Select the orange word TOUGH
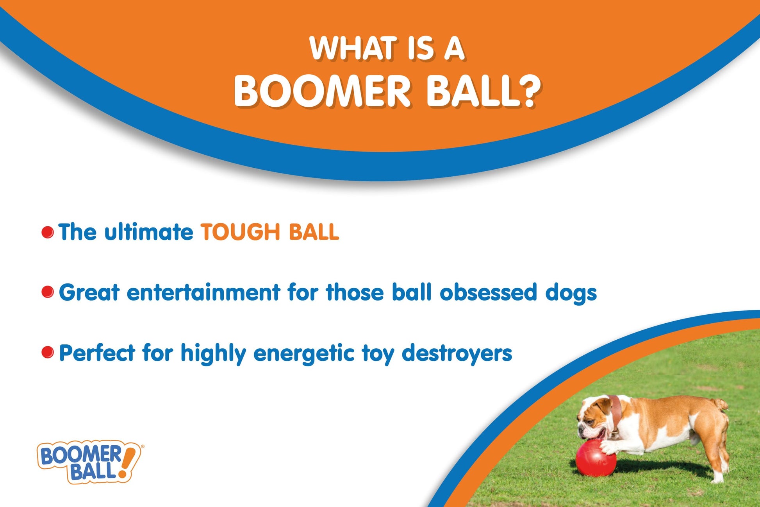point(241,232)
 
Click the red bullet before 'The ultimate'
point(48,232)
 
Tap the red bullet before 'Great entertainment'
point(48,292)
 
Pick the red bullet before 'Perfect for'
point(48,352)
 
